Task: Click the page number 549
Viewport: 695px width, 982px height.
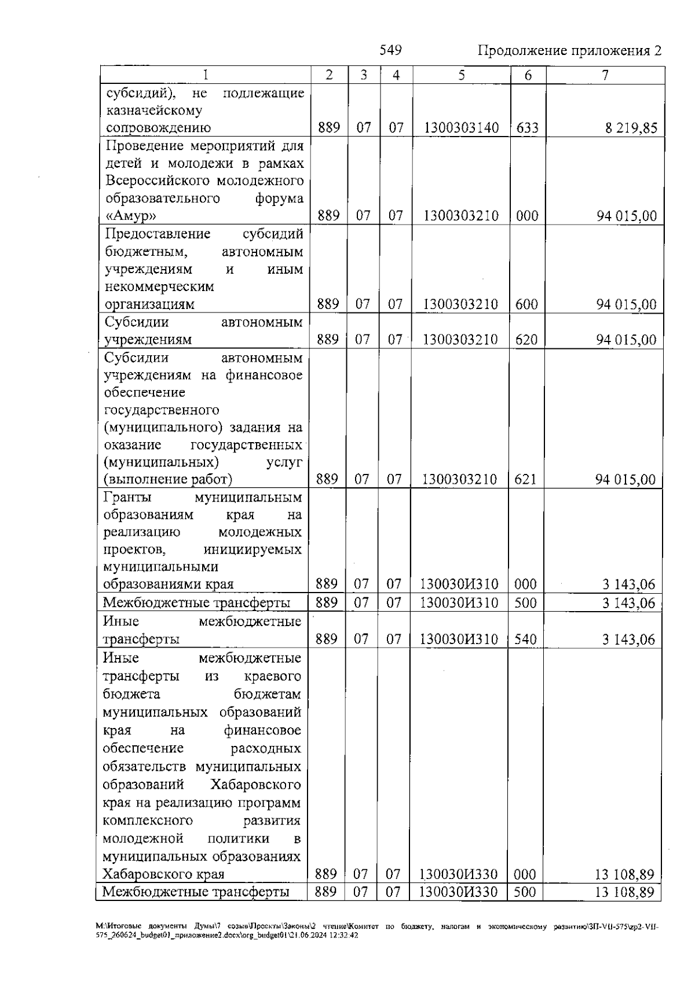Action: [x=390, y=50]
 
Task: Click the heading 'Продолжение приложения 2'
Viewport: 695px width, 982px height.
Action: [x=569, y=51]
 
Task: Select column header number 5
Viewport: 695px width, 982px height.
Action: [x=462, y=75]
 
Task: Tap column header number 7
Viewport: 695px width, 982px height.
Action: [x=605, y=75]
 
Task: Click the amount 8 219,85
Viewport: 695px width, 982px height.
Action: [x=631, y=128]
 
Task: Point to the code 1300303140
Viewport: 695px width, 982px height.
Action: [x=461, y=128]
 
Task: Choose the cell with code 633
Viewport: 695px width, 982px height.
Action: [x=527, y=128]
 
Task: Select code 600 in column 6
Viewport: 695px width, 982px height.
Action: [x=526, y=304]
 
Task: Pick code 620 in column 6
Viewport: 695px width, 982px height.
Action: [x=526, y=339]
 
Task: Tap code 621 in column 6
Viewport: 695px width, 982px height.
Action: [x=525, y=479]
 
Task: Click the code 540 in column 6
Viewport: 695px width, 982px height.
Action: [x=525, y=639]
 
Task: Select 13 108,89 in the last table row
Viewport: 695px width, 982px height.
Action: [x=624, y=892]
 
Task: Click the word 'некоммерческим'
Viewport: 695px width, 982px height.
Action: [x=159, y=286]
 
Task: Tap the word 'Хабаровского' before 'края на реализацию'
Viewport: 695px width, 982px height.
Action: [x=256, y=785]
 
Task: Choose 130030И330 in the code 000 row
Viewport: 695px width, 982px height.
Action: [x=459, y=874]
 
